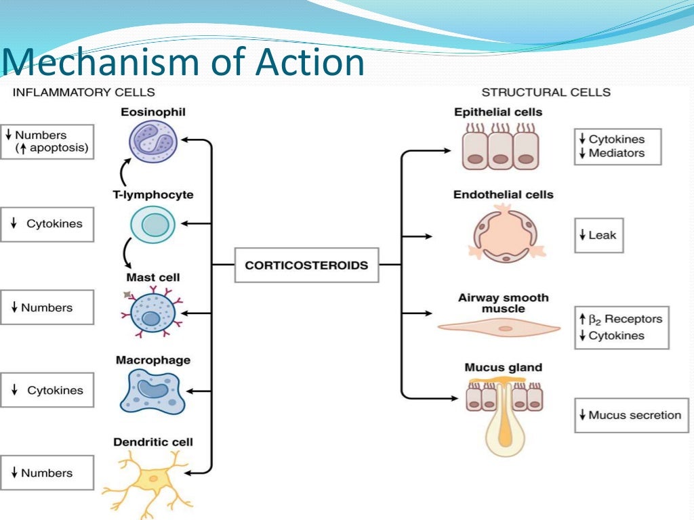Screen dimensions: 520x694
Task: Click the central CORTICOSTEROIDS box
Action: pos(306,265)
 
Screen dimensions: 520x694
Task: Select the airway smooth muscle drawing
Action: pos(499,328)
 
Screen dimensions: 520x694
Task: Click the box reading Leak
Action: pos(598,236)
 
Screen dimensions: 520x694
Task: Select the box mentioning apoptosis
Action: pos(47,142)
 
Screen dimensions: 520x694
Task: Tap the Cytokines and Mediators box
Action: pos(617,146)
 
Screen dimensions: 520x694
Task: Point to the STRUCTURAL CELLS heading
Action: pos(546,91)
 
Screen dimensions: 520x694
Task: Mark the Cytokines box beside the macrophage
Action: pos(47,390)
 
